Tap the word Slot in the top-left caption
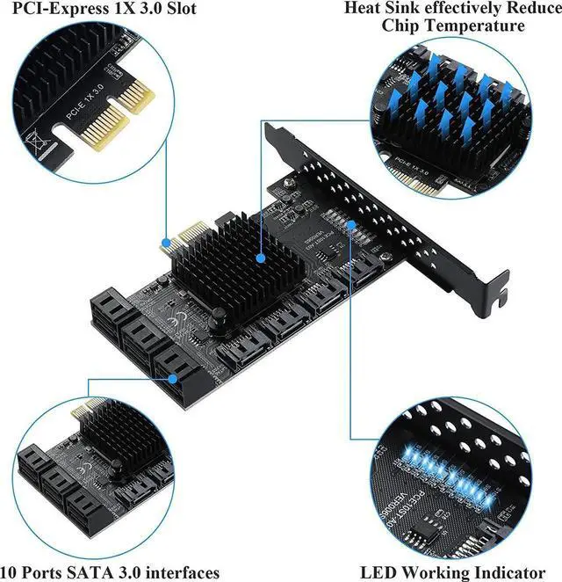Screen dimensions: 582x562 178,10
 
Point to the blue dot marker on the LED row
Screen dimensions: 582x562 352,227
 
